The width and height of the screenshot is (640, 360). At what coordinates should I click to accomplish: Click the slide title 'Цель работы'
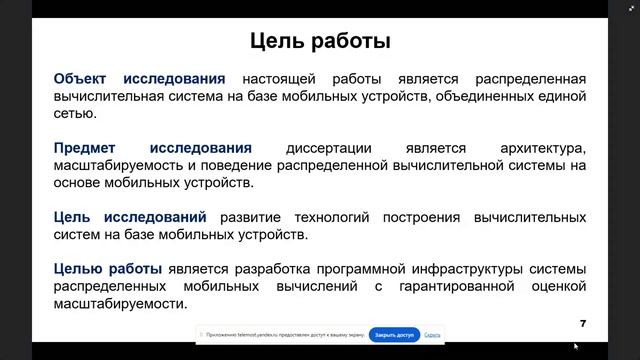[x=319, y=42]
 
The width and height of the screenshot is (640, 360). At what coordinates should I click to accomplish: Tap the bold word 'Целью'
[x=79, y=269]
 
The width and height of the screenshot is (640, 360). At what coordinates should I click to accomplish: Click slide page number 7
[x=582, y=323]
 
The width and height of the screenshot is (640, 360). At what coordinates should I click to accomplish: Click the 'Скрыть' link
[x=432, y=335]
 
